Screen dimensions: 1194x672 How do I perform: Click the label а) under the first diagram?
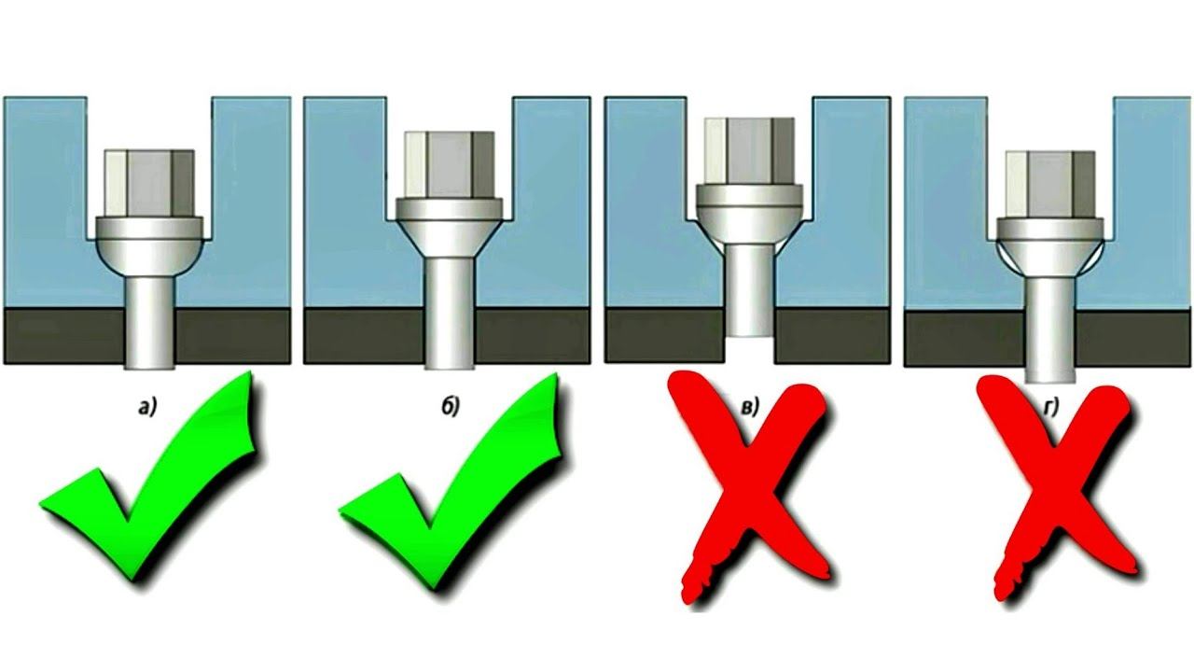point(147,408)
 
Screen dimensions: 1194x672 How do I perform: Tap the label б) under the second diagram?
point(450,406)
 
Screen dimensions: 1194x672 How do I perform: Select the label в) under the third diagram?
point(750,408)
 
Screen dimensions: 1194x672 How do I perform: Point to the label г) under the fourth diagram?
point(1050,408)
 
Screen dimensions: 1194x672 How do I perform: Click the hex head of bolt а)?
point(149,183)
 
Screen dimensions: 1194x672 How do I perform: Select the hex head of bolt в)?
point(749,151)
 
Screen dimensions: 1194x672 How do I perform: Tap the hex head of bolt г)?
point(1050,184)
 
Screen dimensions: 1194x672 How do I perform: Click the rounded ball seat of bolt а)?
point(149,257)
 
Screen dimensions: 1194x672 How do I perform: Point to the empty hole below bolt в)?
point(749,350)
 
